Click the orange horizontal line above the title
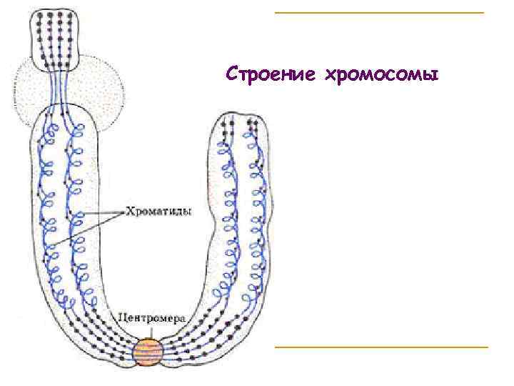[x=378, y=13]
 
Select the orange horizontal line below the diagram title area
[x=381, y=347]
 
